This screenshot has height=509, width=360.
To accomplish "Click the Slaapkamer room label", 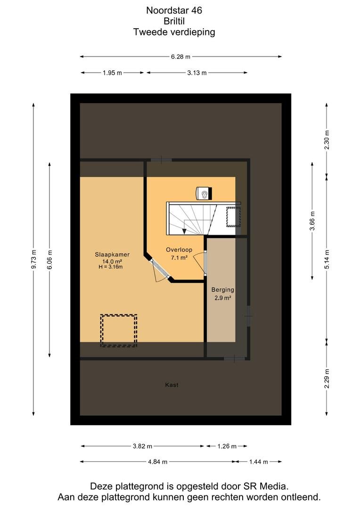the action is (x=112, y=255).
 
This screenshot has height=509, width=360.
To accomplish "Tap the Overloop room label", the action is (x=179, y=250).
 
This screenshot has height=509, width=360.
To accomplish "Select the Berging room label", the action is (x=223, y=289).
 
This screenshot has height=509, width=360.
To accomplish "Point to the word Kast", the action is (x=172, y=385).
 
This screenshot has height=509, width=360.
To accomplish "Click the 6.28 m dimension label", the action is (x=180, y=57).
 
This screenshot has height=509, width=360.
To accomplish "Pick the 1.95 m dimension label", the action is (x=112, y=73).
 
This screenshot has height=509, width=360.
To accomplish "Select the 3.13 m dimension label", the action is (x=196, y=73).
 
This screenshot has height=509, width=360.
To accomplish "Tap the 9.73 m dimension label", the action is (x=34, y=259).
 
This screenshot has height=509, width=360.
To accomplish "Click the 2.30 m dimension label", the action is (x=327, y=140).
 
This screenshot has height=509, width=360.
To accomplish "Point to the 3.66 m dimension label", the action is (x=312, y=221).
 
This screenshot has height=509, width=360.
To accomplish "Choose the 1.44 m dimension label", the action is (x=258, y=461).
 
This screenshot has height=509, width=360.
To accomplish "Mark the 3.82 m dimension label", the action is (x=142, y=446).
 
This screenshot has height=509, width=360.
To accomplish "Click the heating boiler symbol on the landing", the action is (x=204, y=194).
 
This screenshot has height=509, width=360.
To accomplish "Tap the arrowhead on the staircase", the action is (x=184, y=231).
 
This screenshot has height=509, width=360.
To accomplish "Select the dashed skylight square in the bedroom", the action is (x=118, y=330).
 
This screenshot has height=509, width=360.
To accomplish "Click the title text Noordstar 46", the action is (x=174, y=10).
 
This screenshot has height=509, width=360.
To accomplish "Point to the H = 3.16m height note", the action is (x=111, y=267).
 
